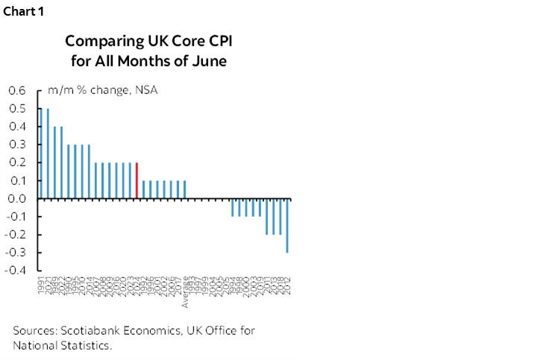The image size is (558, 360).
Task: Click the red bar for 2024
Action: point(137,180)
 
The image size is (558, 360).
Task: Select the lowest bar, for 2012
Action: point(287,225)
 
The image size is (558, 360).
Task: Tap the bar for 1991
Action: point(41,154)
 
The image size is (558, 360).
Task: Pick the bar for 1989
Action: point(54,162)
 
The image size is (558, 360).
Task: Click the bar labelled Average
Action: point(184,189)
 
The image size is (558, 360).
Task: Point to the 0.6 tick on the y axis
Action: point(16,91)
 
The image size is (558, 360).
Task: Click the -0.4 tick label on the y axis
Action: point(15,270)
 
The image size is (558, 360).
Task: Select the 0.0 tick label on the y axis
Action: point(16,198)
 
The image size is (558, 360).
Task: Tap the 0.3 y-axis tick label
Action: point(16,145)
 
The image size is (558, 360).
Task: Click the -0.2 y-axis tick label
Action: point(15,234)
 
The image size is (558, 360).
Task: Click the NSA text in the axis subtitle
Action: point(146,91)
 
